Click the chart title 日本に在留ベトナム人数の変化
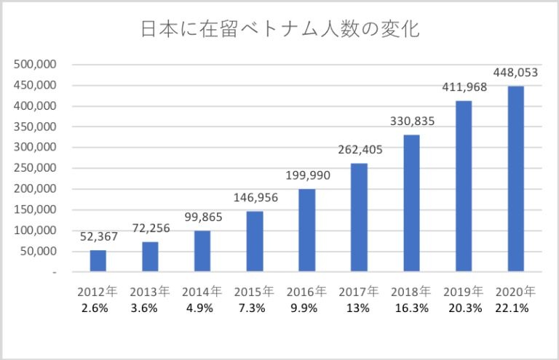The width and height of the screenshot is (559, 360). click(279, 31)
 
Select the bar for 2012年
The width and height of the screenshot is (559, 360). click(98, 261)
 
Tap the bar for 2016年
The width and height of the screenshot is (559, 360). click(306, 231)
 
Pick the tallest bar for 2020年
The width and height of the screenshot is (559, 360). click(515, 179)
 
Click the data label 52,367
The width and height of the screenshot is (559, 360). click(98, 236)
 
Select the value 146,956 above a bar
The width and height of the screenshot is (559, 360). click(255, 197)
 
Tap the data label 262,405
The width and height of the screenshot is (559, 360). click(359, 150)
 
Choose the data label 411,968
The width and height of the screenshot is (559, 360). click(464, 88)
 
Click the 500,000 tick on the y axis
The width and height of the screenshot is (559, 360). click(36, 65)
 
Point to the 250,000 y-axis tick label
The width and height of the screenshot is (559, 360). click(36, 168)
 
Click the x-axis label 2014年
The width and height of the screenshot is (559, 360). click(202, 292)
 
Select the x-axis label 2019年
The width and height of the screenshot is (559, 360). click(464, 292)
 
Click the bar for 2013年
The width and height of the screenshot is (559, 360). click(150, 257)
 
